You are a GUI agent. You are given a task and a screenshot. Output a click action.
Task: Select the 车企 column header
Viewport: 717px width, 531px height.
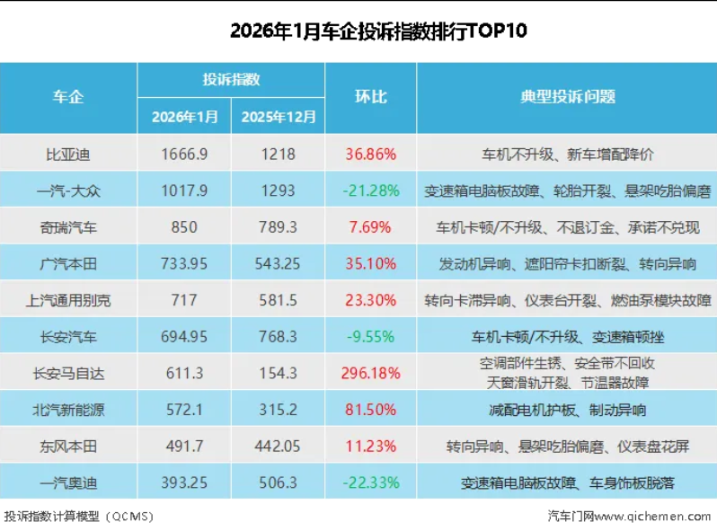(68, 97)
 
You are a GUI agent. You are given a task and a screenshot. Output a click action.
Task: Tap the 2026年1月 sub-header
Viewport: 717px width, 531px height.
(184, 116)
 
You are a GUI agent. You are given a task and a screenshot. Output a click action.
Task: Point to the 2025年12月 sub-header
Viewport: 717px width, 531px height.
(279, 116)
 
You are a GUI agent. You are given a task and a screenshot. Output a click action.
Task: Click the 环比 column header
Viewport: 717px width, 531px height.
(370, 97)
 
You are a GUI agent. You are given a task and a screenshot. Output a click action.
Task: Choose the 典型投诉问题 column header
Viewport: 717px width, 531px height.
(567, 97)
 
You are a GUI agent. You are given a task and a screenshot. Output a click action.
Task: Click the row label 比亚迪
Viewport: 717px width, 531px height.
(68, 154)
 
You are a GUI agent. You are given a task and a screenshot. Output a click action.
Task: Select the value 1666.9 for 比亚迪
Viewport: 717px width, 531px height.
(184, 154)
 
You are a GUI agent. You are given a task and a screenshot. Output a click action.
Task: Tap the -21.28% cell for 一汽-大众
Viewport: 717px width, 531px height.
(370, 190)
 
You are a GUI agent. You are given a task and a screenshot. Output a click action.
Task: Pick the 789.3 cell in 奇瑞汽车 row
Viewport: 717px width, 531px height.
(279, 227)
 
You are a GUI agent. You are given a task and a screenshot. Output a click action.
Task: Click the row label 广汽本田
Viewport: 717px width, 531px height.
(68, 264)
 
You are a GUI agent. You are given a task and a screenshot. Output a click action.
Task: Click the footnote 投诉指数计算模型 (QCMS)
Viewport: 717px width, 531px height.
(79, 517)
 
